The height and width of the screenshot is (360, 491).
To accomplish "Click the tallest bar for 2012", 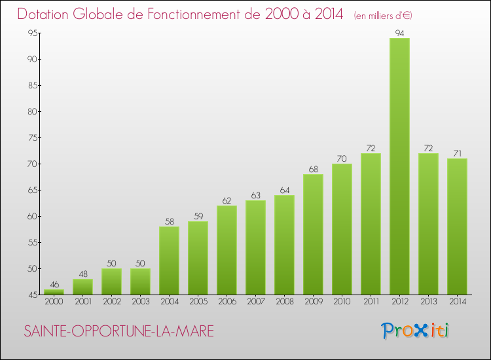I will point(399,166).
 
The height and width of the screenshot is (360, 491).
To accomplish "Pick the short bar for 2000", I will point(54,292).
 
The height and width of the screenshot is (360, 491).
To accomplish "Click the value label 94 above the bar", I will point(399,33).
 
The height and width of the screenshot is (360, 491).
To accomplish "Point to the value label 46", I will point(54,284).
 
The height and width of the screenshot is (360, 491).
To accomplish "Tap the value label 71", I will point(457,153).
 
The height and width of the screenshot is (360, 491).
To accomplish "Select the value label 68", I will point(313,169).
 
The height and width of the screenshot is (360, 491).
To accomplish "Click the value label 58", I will point(169,221).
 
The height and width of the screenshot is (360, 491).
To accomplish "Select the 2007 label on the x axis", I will point(255,302).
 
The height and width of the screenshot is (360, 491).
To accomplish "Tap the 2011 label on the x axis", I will point(371,302).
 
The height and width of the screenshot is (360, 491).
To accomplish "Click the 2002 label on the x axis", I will point(111,302).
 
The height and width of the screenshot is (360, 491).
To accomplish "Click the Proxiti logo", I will point(415,331).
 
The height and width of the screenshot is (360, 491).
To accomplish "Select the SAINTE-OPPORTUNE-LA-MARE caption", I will point(119,332).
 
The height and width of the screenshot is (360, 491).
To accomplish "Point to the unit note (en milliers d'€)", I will point(383,16).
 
